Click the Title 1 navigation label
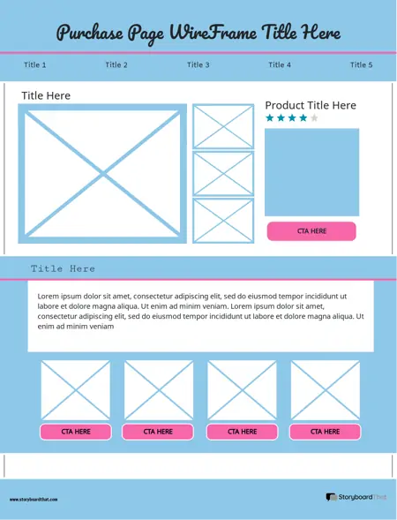pos(34,65)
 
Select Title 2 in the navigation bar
pos(116,65)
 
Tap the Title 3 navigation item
pos(198,65)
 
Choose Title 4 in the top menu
pos(280,65)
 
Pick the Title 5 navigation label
pos(361,65)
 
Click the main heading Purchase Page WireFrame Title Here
pos(198,34)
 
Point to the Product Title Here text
pos(311,106)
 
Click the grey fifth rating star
pos(314,118)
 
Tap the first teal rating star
pos(270,118)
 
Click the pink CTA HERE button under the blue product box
pos(311,231)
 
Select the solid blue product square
pos(311,171)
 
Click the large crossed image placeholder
pos(103,172)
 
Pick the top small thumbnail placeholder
pos(223,126)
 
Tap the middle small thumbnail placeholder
pos(223,173)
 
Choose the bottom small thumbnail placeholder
pos(223,220)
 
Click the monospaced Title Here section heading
pos(63,268)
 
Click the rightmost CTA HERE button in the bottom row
pos(326,432)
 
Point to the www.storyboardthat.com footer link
pos(34,500)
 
